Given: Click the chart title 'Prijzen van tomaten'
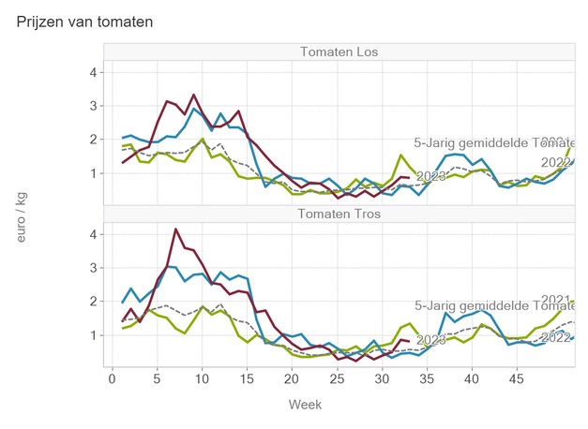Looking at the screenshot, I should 85,21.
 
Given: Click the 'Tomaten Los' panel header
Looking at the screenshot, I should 339,51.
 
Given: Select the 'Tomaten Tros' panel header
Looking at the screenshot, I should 339,213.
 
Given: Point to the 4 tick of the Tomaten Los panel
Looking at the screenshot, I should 94,72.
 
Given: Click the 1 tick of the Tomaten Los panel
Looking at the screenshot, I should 94,173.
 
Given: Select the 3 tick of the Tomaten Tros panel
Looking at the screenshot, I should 94,268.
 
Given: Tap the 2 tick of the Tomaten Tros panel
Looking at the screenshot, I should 94,302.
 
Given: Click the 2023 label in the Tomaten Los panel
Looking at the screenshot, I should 430,176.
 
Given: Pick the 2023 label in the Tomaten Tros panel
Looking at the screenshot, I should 430,339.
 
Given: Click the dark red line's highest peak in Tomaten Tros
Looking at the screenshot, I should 175,229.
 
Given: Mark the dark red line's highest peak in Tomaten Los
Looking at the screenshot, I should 193,95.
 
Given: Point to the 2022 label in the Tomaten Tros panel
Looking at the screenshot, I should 556,337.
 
